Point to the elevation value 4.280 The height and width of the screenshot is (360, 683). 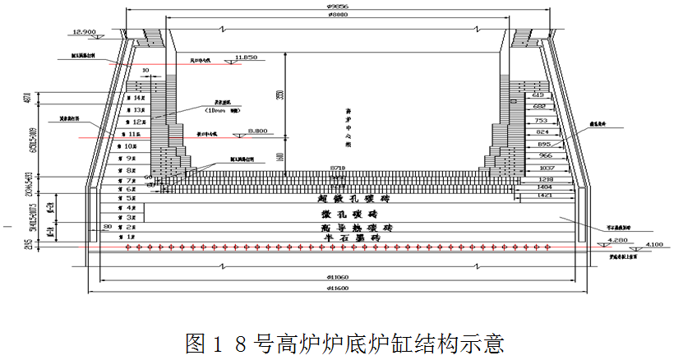[x=616, y=240]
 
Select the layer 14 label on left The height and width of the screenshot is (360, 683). [x=129, y=98]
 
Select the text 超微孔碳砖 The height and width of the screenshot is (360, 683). [x=355, y=199]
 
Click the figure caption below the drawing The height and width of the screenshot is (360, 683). [x=344, y=342]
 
